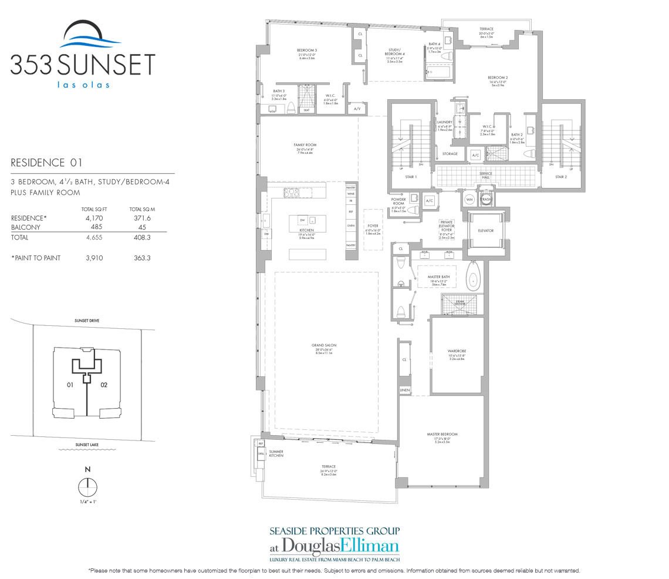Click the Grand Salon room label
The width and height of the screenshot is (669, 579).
point(324,345)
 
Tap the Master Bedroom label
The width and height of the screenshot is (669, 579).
point(442,434)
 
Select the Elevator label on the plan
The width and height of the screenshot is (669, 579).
point(485,231)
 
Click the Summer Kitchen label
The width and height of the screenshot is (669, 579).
point(276,453)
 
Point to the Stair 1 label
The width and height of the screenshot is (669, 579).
point(411,177)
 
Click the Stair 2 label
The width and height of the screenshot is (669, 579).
point(560,177)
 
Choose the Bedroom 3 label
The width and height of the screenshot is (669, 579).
point(307,51)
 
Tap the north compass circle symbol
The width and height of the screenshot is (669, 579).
point(87,488)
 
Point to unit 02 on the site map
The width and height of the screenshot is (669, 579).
point(105,385)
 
